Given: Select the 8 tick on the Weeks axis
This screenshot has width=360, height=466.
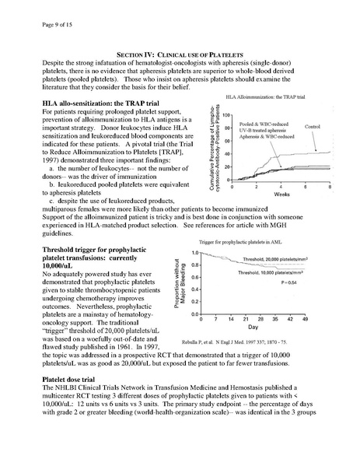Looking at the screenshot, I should [x=330, y=188].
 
